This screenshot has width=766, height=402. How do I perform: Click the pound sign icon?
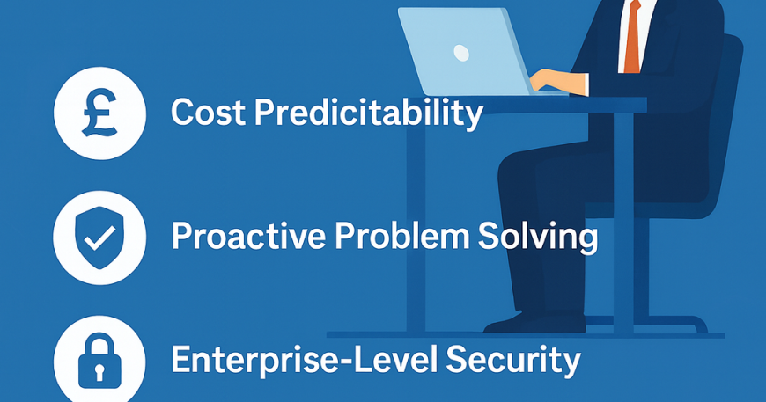[99, 113]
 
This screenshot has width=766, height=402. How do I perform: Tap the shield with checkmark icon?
[99, 238]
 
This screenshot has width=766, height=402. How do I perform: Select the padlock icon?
[99, 360]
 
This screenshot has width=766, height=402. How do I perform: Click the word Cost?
[208, 112]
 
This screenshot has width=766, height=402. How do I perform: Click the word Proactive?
[248, 237]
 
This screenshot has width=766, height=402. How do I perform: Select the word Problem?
[401, 237]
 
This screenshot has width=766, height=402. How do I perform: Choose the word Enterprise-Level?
[304, 360]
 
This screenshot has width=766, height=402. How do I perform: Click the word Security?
[513, 362]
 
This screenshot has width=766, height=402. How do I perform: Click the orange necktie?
[632, 37]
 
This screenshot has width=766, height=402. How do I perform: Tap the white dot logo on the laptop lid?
[461, 52]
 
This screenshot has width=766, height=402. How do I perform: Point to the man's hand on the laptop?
[557, 81]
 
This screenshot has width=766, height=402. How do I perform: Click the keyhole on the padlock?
[99, 372]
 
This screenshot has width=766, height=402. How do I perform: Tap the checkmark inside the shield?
[99, 238]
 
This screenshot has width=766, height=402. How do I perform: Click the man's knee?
[513, 171]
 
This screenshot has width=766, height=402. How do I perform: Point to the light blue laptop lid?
[464, 51]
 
